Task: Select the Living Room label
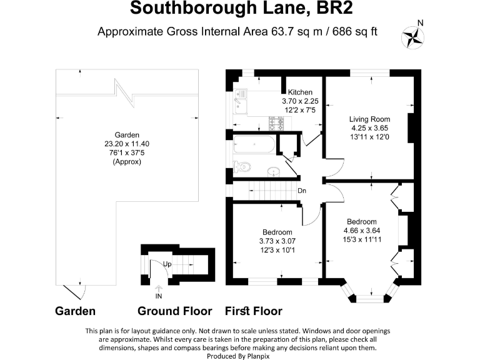click(369, 119)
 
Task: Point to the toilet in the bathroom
click(241, 167)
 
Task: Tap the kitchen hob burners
click(277, 122)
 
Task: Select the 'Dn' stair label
click(301, 191)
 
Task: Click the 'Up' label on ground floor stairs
click(167, 264)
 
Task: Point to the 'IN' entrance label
click(159, 296)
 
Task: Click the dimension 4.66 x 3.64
click(362, 230)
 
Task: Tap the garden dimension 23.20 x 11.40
click(127, 144)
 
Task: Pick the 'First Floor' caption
click(253, 311)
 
